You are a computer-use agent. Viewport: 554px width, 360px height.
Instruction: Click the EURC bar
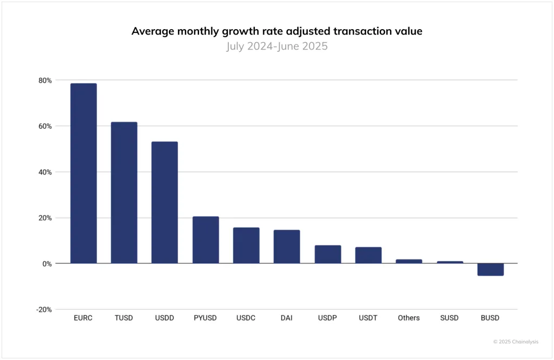pyautogui.click(x=83, y=174)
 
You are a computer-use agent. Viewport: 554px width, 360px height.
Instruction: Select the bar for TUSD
pyautogui.click(x=124, y=193)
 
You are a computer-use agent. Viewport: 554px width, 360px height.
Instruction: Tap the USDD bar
pyautogui.click(x=164, y=203)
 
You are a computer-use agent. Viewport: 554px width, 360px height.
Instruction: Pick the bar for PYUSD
pyautogui.click(x=206, y=240)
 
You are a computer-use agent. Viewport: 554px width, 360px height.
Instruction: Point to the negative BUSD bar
pyautogui.click(x=490, y=269)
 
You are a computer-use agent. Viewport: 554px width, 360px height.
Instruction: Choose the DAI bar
pyautogui.click(x=287, y=246)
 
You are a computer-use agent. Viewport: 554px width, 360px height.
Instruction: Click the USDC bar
pyautogui.click(x=246, y=245)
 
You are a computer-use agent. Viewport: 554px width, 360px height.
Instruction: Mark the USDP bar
pyautogui.click(x=328, y=255)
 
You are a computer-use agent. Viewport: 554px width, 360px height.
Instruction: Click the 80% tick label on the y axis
pyautogui.click(x=45, y=81)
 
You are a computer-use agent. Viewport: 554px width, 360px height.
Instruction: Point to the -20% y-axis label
pyautogui.click(x=44, y=310)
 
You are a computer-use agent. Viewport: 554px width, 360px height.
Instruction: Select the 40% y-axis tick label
pyautogui.click(x=45, y=172)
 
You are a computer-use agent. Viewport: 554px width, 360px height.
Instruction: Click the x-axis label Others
pyautogui.click(x=408, y=318)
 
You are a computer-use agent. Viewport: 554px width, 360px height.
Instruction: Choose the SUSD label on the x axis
pyautogui.click(x=449, y=318)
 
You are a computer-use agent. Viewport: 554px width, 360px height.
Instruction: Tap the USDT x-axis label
pyautogui.click(x=368, y=318)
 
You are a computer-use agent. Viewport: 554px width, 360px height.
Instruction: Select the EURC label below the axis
pyautogui.click(x=83, y=318)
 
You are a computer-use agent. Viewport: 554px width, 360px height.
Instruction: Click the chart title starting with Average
pyautogui.click(x=276, y=31)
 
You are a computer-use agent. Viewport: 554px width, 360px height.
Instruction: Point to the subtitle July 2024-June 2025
pyautogui.click(x=276, y=46)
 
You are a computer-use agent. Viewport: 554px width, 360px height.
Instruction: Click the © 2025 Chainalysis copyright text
pyautogui.click(x=516, y=342)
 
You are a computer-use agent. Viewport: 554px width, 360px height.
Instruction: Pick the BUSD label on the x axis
pyautogui.click(x=490, y=318)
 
